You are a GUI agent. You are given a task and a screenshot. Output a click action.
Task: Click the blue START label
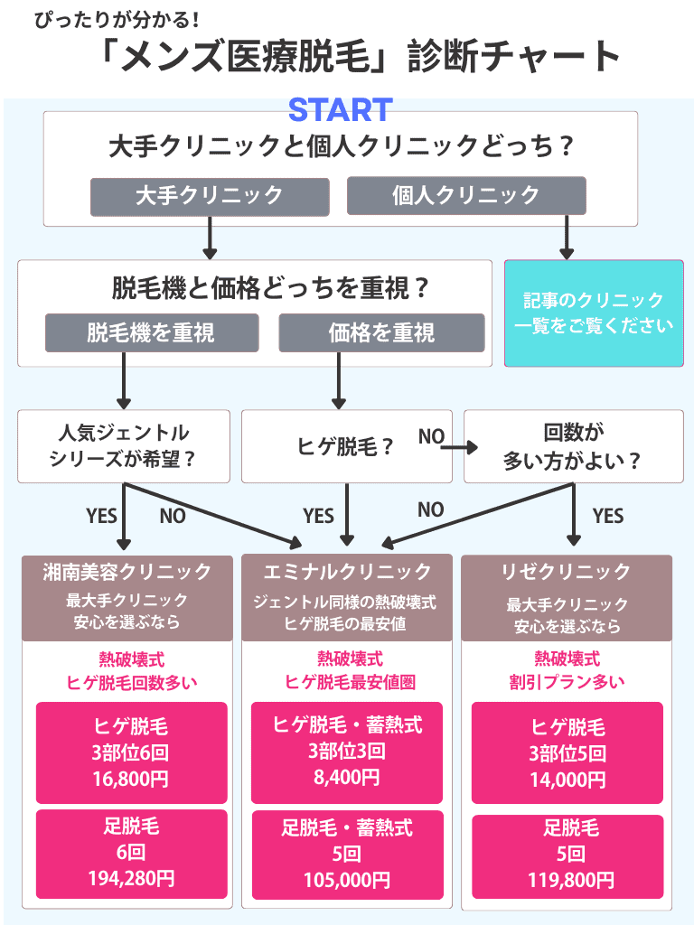[x=340, y=109]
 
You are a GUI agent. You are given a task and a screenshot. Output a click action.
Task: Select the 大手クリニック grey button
[x=209, y=196]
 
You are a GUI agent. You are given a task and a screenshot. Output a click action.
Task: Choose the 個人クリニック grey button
[x=466, y=196]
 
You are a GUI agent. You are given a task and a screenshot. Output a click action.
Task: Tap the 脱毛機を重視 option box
[x=152, y=332]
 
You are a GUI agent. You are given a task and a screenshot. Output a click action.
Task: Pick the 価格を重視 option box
[x=381, y=332]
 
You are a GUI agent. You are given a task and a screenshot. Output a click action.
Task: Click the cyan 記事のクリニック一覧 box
[x=594, y=313]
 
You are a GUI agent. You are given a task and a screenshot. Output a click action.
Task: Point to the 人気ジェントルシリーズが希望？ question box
[x=123, y=446]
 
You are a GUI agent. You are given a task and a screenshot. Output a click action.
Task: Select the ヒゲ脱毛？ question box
[x=346, y=446]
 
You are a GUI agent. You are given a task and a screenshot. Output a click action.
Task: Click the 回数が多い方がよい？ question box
[x=573, y=446]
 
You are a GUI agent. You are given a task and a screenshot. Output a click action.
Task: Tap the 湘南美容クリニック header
[x=127, y=572]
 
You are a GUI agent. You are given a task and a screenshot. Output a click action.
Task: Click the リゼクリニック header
[x=566, y=572]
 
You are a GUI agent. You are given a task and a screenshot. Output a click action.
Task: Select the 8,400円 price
[x=347, y=778]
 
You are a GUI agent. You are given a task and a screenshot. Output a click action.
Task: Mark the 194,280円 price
[x=132, y=877]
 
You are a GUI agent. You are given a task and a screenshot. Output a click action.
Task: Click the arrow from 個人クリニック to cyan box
[x=567, y=238]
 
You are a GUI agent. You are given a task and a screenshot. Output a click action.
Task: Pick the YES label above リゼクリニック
[x=608, y=516]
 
